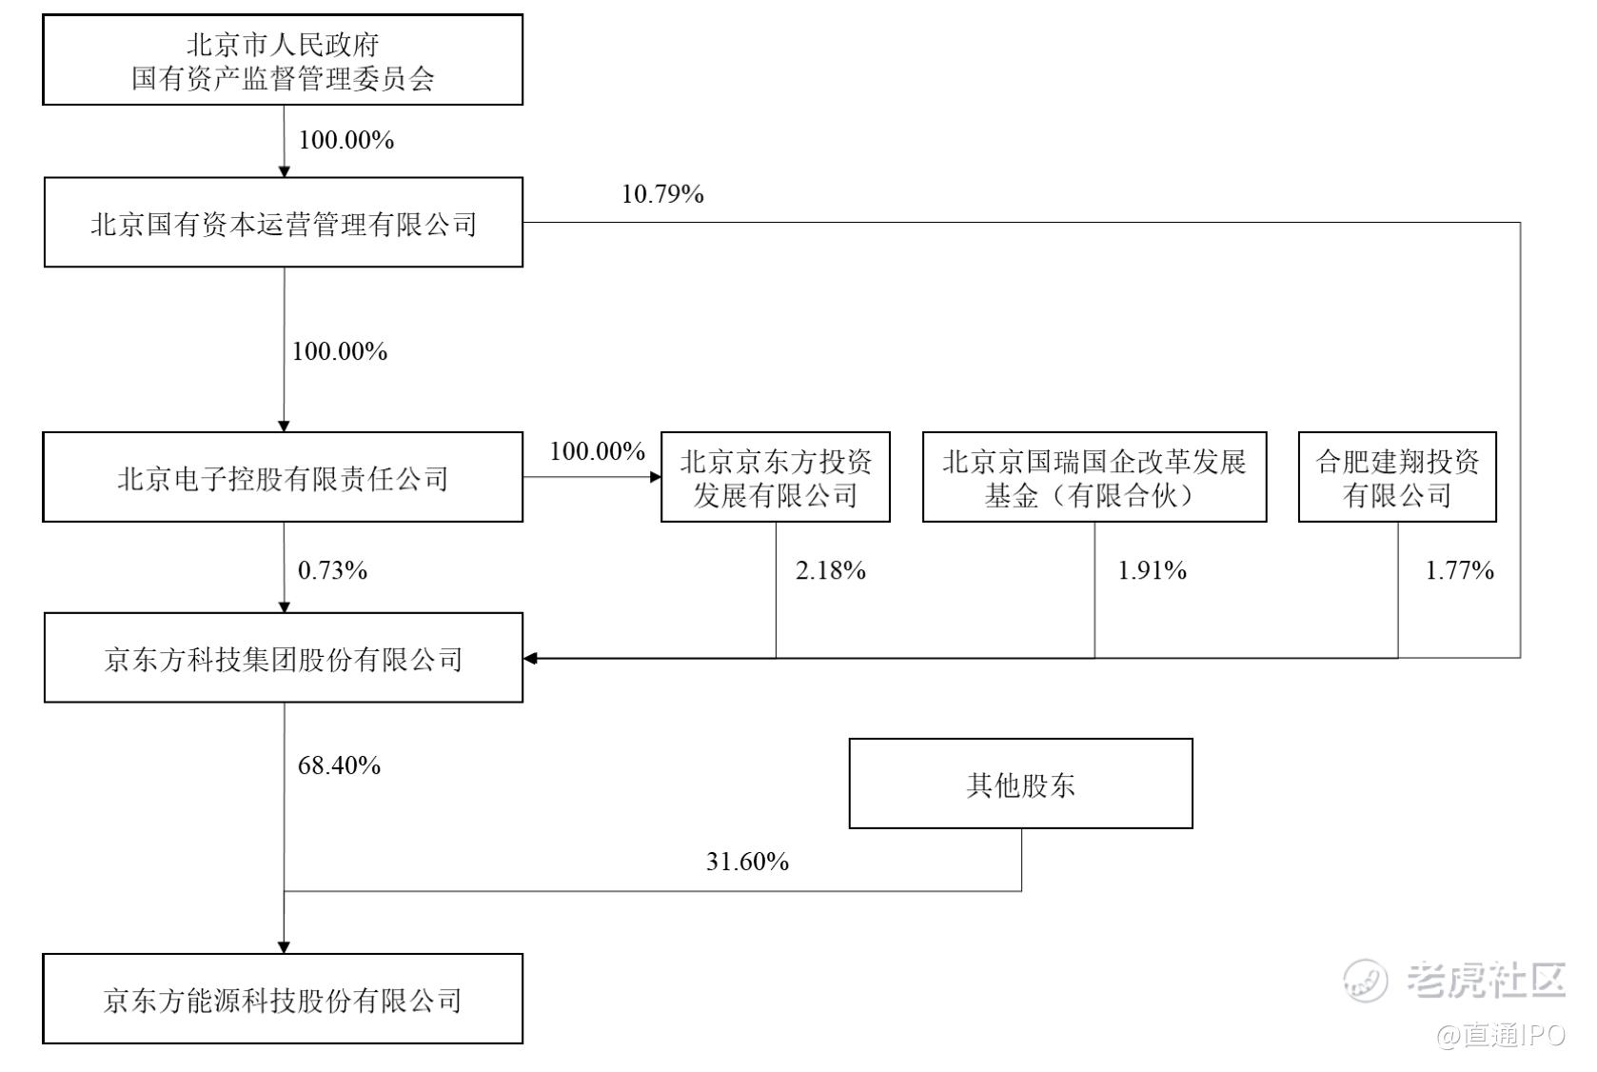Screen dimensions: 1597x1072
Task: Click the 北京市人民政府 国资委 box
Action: click(283, 60)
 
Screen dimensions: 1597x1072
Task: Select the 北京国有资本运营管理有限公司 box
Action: click(284, 223)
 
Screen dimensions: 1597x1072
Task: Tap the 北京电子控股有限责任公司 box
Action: click(283, 477)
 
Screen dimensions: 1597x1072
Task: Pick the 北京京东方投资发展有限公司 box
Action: click(776, 477)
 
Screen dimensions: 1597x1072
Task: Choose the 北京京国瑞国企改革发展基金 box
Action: click(1095, 477)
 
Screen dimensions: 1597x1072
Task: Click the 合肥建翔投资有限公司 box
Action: click(1397, 477)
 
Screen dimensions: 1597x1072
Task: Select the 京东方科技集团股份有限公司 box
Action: click(284, 658)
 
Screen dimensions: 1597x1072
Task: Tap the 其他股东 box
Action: click(1021, 784)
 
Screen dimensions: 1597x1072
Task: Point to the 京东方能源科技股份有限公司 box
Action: click(283, 999)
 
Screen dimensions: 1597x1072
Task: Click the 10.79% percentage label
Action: click(663, 194)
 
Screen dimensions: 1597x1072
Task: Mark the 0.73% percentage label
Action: click(333, 570)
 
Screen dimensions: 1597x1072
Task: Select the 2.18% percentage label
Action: click(831, 570)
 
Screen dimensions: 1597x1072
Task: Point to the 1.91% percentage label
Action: click(1153, 570)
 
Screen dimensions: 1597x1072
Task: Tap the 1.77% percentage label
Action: click(1459, 570)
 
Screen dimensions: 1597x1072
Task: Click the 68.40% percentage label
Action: click(340, 765)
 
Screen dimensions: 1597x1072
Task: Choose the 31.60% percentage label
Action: click(748, 862)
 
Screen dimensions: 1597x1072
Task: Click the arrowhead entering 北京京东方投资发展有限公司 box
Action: click(656, 476)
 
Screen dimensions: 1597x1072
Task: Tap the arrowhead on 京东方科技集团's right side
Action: click(530, 658)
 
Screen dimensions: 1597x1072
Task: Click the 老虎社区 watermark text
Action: click(1486, 980)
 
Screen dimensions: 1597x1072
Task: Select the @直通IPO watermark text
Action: click(1500, 1036)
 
